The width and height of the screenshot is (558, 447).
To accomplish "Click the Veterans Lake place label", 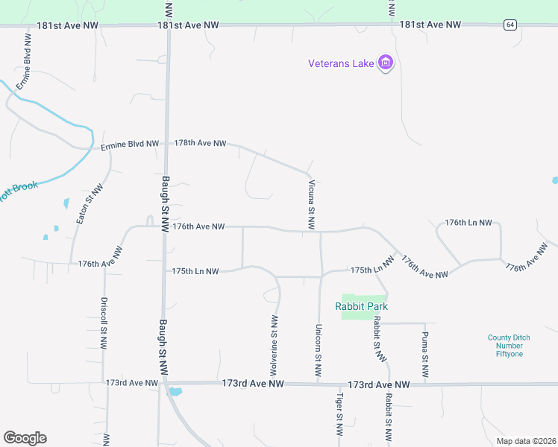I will pyautogui.click(x=340, y=63).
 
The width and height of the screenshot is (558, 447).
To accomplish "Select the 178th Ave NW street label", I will pyautogui.click(x=200, y=143).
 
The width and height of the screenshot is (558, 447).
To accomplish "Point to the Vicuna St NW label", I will pyautogui.click(x=311, y=203).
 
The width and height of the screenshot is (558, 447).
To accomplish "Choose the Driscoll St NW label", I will pyautogui.click(x=104, y=324).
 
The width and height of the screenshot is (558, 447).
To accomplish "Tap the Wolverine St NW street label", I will pyautogui.click(x=274, y=345).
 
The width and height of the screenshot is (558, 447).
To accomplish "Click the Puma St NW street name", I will pyautogui.click(x=424, y=358).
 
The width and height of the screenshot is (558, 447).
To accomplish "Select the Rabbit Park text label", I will pyautogui.click(x=362, y=306).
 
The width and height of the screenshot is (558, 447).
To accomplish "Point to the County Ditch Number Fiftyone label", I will pyautogui.click(x=510, y=346).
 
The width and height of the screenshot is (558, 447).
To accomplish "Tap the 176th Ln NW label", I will pyautogui.click(x=468, y=223).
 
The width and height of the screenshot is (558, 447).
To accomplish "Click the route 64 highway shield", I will pyautogui.click(x=510, y=25).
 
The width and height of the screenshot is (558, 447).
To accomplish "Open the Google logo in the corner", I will pyautogui.click(x=25, y=438).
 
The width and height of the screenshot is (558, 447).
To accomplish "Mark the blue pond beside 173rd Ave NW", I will pyautogui.click(x=175, y=391).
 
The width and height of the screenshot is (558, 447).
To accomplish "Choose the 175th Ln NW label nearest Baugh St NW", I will pyautogui.click(x=195, y=272).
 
